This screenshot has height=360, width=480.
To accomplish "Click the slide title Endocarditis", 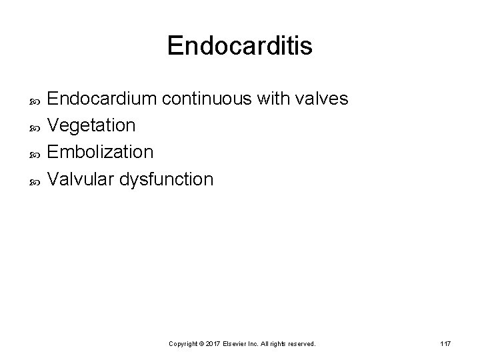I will pos(239,46).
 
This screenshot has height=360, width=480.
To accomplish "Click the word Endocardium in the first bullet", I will pos(101,99).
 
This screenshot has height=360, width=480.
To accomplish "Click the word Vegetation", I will pos(92,125).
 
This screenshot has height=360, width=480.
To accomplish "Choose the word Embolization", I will pos(101,152).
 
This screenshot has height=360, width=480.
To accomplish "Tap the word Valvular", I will pos(80,179).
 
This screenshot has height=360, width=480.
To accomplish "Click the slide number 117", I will pos(446,343).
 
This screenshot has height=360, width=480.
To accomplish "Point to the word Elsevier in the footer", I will pos(237,344).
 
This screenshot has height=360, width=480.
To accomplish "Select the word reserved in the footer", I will pos(300,344).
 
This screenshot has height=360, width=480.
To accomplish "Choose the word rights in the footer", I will pos(276,344).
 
